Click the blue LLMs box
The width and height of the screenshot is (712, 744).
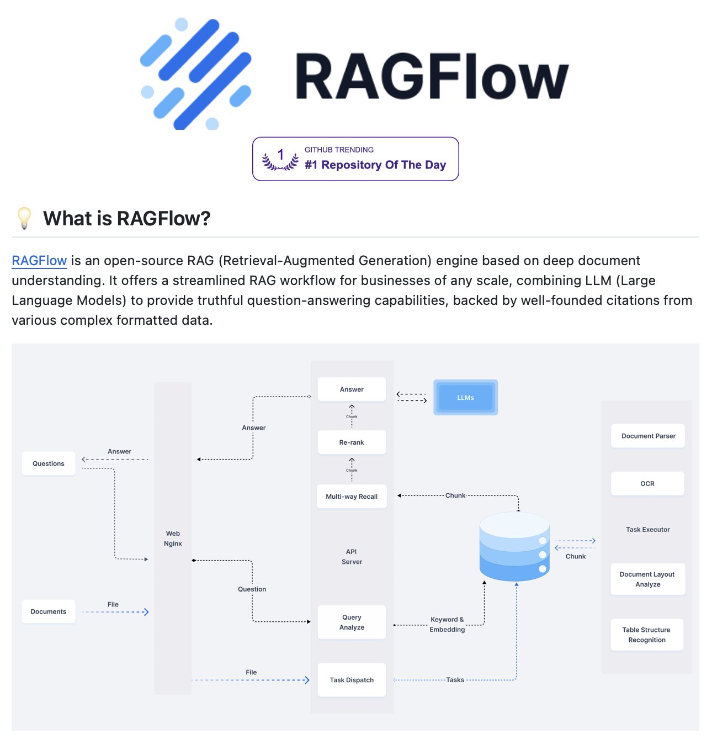click(x=465, y=397)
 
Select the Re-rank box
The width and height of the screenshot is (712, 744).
click(x=352, y=442)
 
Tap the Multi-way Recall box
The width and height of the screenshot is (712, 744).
click(x=352, y=496)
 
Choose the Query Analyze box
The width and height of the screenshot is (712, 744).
click(x=352, y=622)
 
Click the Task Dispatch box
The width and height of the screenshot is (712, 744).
click(x=352, y=680)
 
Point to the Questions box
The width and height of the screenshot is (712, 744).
click(x=49, y=463)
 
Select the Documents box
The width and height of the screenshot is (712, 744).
click(x=49, y=611)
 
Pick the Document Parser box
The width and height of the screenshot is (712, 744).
click(x=648, y=436)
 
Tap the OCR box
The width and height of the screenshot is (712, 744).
click(x=647, y=484)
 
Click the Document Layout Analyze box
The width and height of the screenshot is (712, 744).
click(x=648, y=579)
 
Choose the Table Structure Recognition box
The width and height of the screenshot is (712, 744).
click(x=647, y=635)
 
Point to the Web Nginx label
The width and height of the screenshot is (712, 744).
click(x=173, y=539)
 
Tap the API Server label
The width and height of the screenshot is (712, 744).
click(x=352, y=557)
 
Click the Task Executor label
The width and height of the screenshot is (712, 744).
click(x=648, y=530)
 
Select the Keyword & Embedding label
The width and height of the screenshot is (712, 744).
click(x=447, y=624)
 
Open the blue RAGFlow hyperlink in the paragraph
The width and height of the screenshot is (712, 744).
click(x=39, y=261)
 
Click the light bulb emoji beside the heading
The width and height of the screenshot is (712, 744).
click(x=24, y=218)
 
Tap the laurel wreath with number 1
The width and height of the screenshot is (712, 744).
click(x=280, y=159)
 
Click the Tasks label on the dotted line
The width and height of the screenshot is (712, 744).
click(x=455, y=680)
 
